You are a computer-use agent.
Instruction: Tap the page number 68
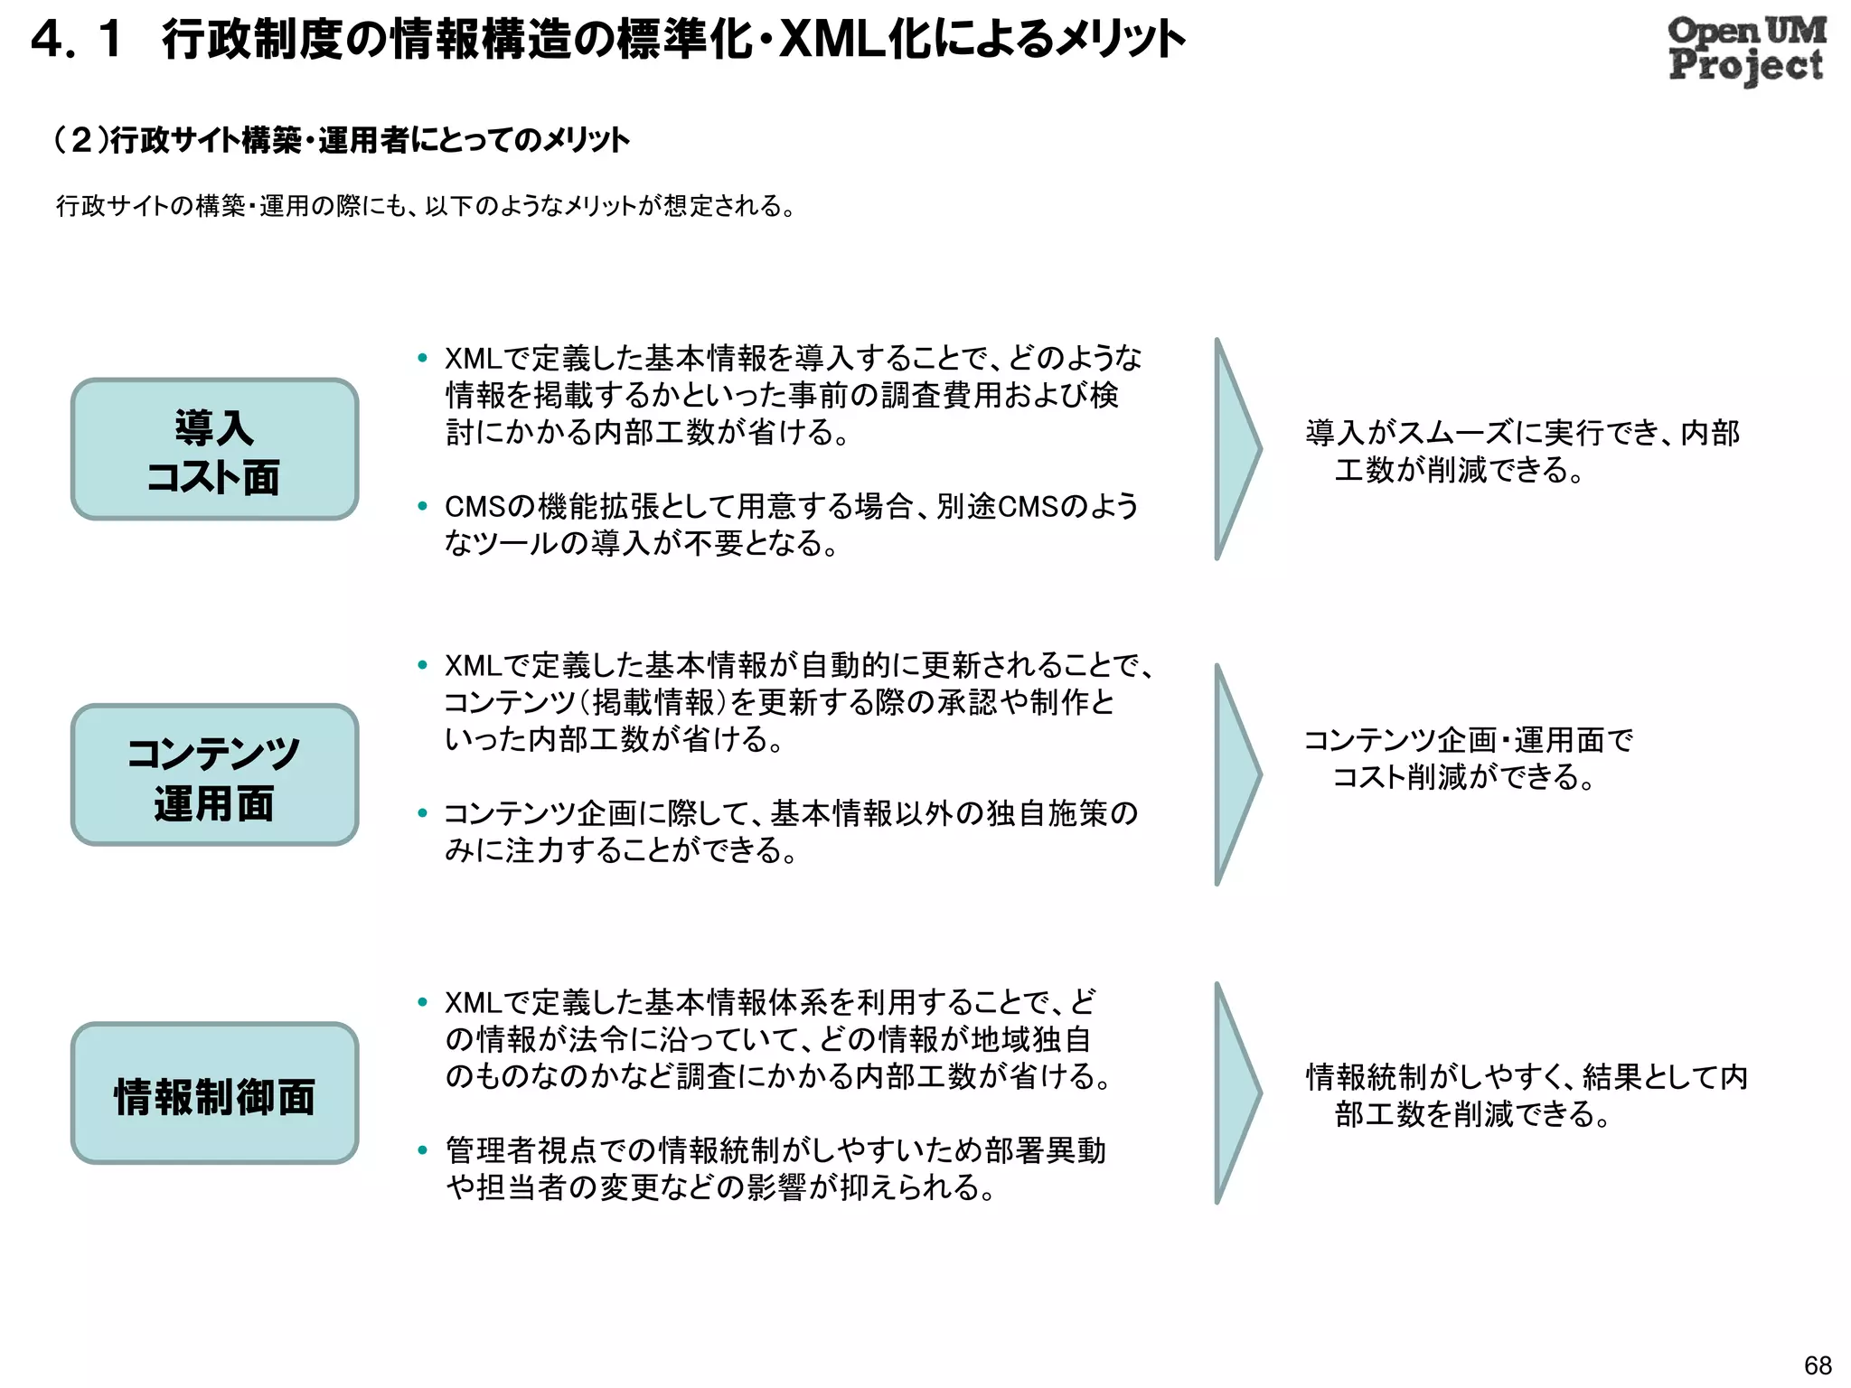[1818, 1365]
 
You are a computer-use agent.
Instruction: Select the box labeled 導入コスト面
[215, 449]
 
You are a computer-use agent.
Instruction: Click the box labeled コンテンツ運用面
[215, 775]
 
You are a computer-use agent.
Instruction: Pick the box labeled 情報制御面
[215, 1093]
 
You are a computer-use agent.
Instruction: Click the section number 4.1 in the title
[77, 41]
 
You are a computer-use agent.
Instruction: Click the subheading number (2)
[80, 140]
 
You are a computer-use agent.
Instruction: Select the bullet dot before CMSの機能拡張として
[422, 507]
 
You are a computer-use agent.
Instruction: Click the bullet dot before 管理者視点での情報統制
[422, 1150]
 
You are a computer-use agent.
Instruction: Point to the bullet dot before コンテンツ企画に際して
[422, 813]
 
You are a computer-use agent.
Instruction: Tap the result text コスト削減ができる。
[1464, 777]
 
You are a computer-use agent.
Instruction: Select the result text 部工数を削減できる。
[1473, 1114]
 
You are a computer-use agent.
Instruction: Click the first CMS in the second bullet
[474, 507]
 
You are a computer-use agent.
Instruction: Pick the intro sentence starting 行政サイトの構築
[425, 206]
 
